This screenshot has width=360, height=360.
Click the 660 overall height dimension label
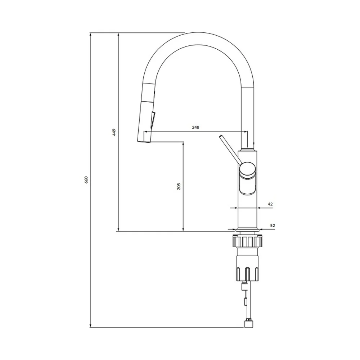coord(86,180)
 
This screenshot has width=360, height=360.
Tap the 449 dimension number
coord(114,132)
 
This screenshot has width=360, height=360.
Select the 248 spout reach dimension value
coord(195,127)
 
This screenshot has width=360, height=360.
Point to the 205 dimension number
coord(179,186)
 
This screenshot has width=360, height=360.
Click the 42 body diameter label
coord(270,204)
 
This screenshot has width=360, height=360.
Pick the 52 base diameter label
coord(273,225)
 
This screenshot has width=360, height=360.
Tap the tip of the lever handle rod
coord(221,136)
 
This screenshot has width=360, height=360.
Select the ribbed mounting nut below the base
coord(248,241)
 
